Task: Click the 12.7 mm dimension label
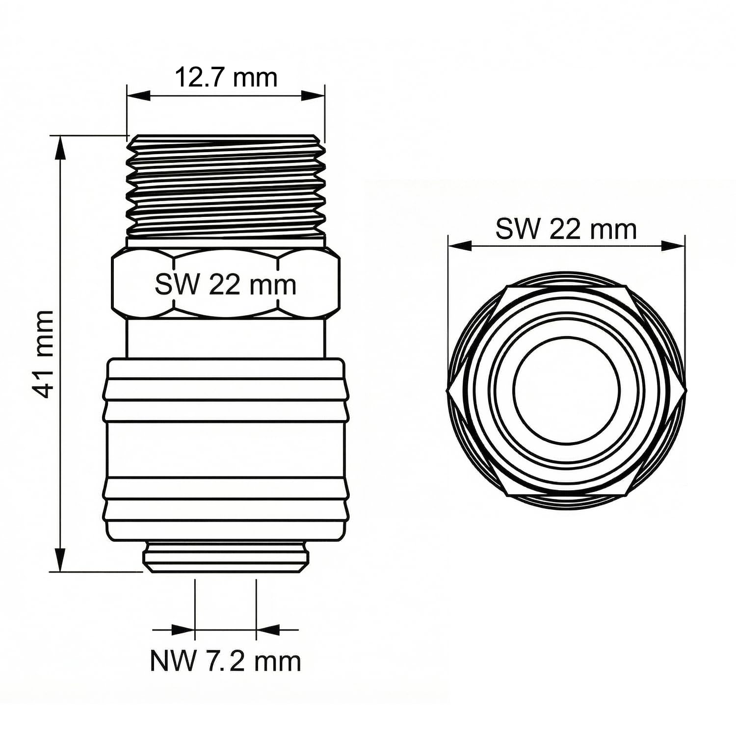(226, 78)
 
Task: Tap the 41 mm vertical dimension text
(41, 354)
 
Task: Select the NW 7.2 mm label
(225, 661)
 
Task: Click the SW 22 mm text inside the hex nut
(226, 285)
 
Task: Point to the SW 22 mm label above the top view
(566, 229)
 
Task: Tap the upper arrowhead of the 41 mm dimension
(60, 147)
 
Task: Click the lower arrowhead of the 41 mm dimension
(60, 560)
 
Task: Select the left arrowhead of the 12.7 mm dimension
(138, 95)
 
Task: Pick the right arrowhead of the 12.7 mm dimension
(313, 95)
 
